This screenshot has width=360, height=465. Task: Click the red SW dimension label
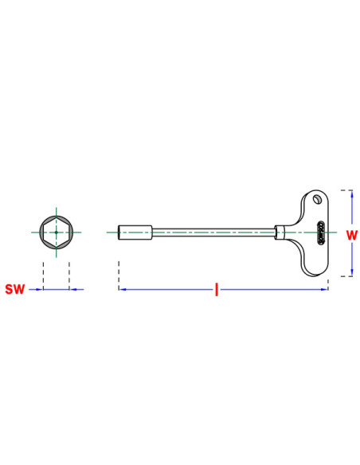[x=15, y=289]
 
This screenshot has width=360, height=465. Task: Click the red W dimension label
[x=352, y=235]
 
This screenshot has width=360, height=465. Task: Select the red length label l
[x=217, y=290]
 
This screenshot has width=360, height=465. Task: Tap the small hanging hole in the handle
[x=318, y=199]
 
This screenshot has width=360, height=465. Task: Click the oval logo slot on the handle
[x=320, y=232]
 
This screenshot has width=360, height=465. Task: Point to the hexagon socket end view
[x=57, y=232]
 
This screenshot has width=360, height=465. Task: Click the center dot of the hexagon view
[x=57, y=232]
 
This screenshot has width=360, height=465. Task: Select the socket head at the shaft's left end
[x=135, y=232]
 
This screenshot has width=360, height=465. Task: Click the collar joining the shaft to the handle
[x=280, y=232]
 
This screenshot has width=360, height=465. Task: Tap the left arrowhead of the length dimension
[x=123, y=289]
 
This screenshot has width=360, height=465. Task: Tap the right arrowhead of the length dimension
[x=324, y=289]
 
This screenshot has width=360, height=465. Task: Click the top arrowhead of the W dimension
[x=352, y=194]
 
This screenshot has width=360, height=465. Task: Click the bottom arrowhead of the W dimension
[x=352, y=272]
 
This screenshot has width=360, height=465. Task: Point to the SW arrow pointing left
[x=76, y=289]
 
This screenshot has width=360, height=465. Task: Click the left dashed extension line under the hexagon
[x=43, y=275]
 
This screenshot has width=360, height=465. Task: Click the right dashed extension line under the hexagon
[x=69, y=275]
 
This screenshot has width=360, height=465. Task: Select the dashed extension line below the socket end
[x=119, y=275]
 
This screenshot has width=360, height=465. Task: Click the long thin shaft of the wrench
[x=213, y=232]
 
